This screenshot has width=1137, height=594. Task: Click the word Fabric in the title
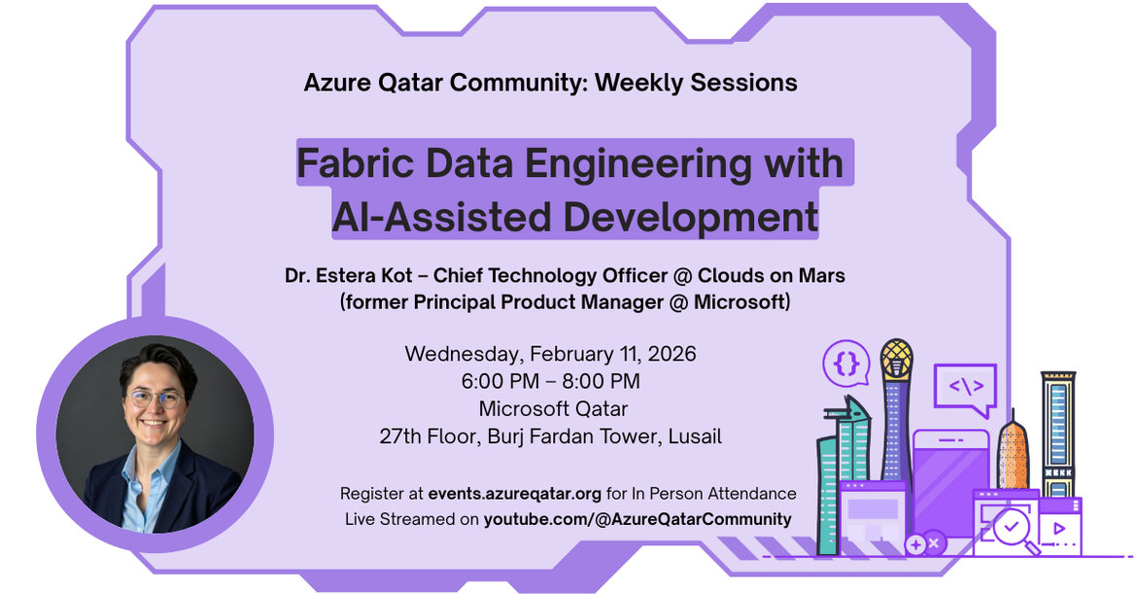pos(352,163)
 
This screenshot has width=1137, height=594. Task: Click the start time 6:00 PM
pos(501,381)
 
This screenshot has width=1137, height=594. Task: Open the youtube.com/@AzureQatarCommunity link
pos(637,519)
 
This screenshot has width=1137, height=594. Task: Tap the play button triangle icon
pos(1059,530)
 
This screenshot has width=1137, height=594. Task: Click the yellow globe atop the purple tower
pos(896,360)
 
